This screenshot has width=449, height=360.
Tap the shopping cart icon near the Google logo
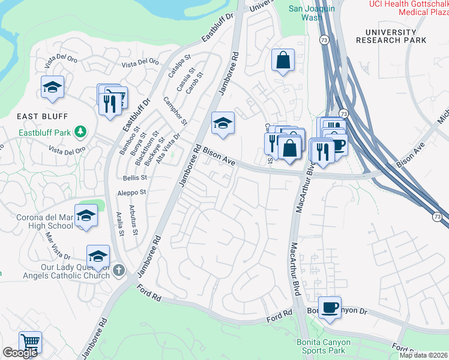click(30, 341)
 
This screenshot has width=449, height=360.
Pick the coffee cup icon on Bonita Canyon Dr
click(330, 307)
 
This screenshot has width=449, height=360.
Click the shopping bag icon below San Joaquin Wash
click(282, 60)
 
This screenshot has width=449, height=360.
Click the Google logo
click(20, 353)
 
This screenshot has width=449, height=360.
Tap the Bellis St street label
click(135, 178)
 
